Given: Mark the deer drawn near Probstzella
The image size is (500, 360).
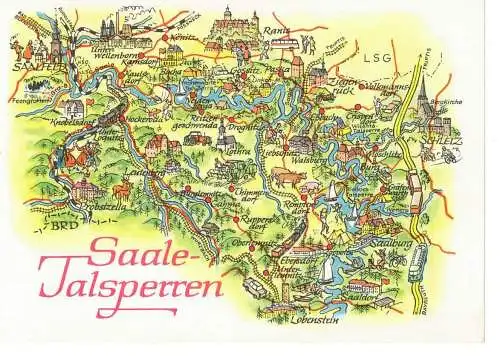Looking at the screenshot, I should [x=119, y=189].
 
